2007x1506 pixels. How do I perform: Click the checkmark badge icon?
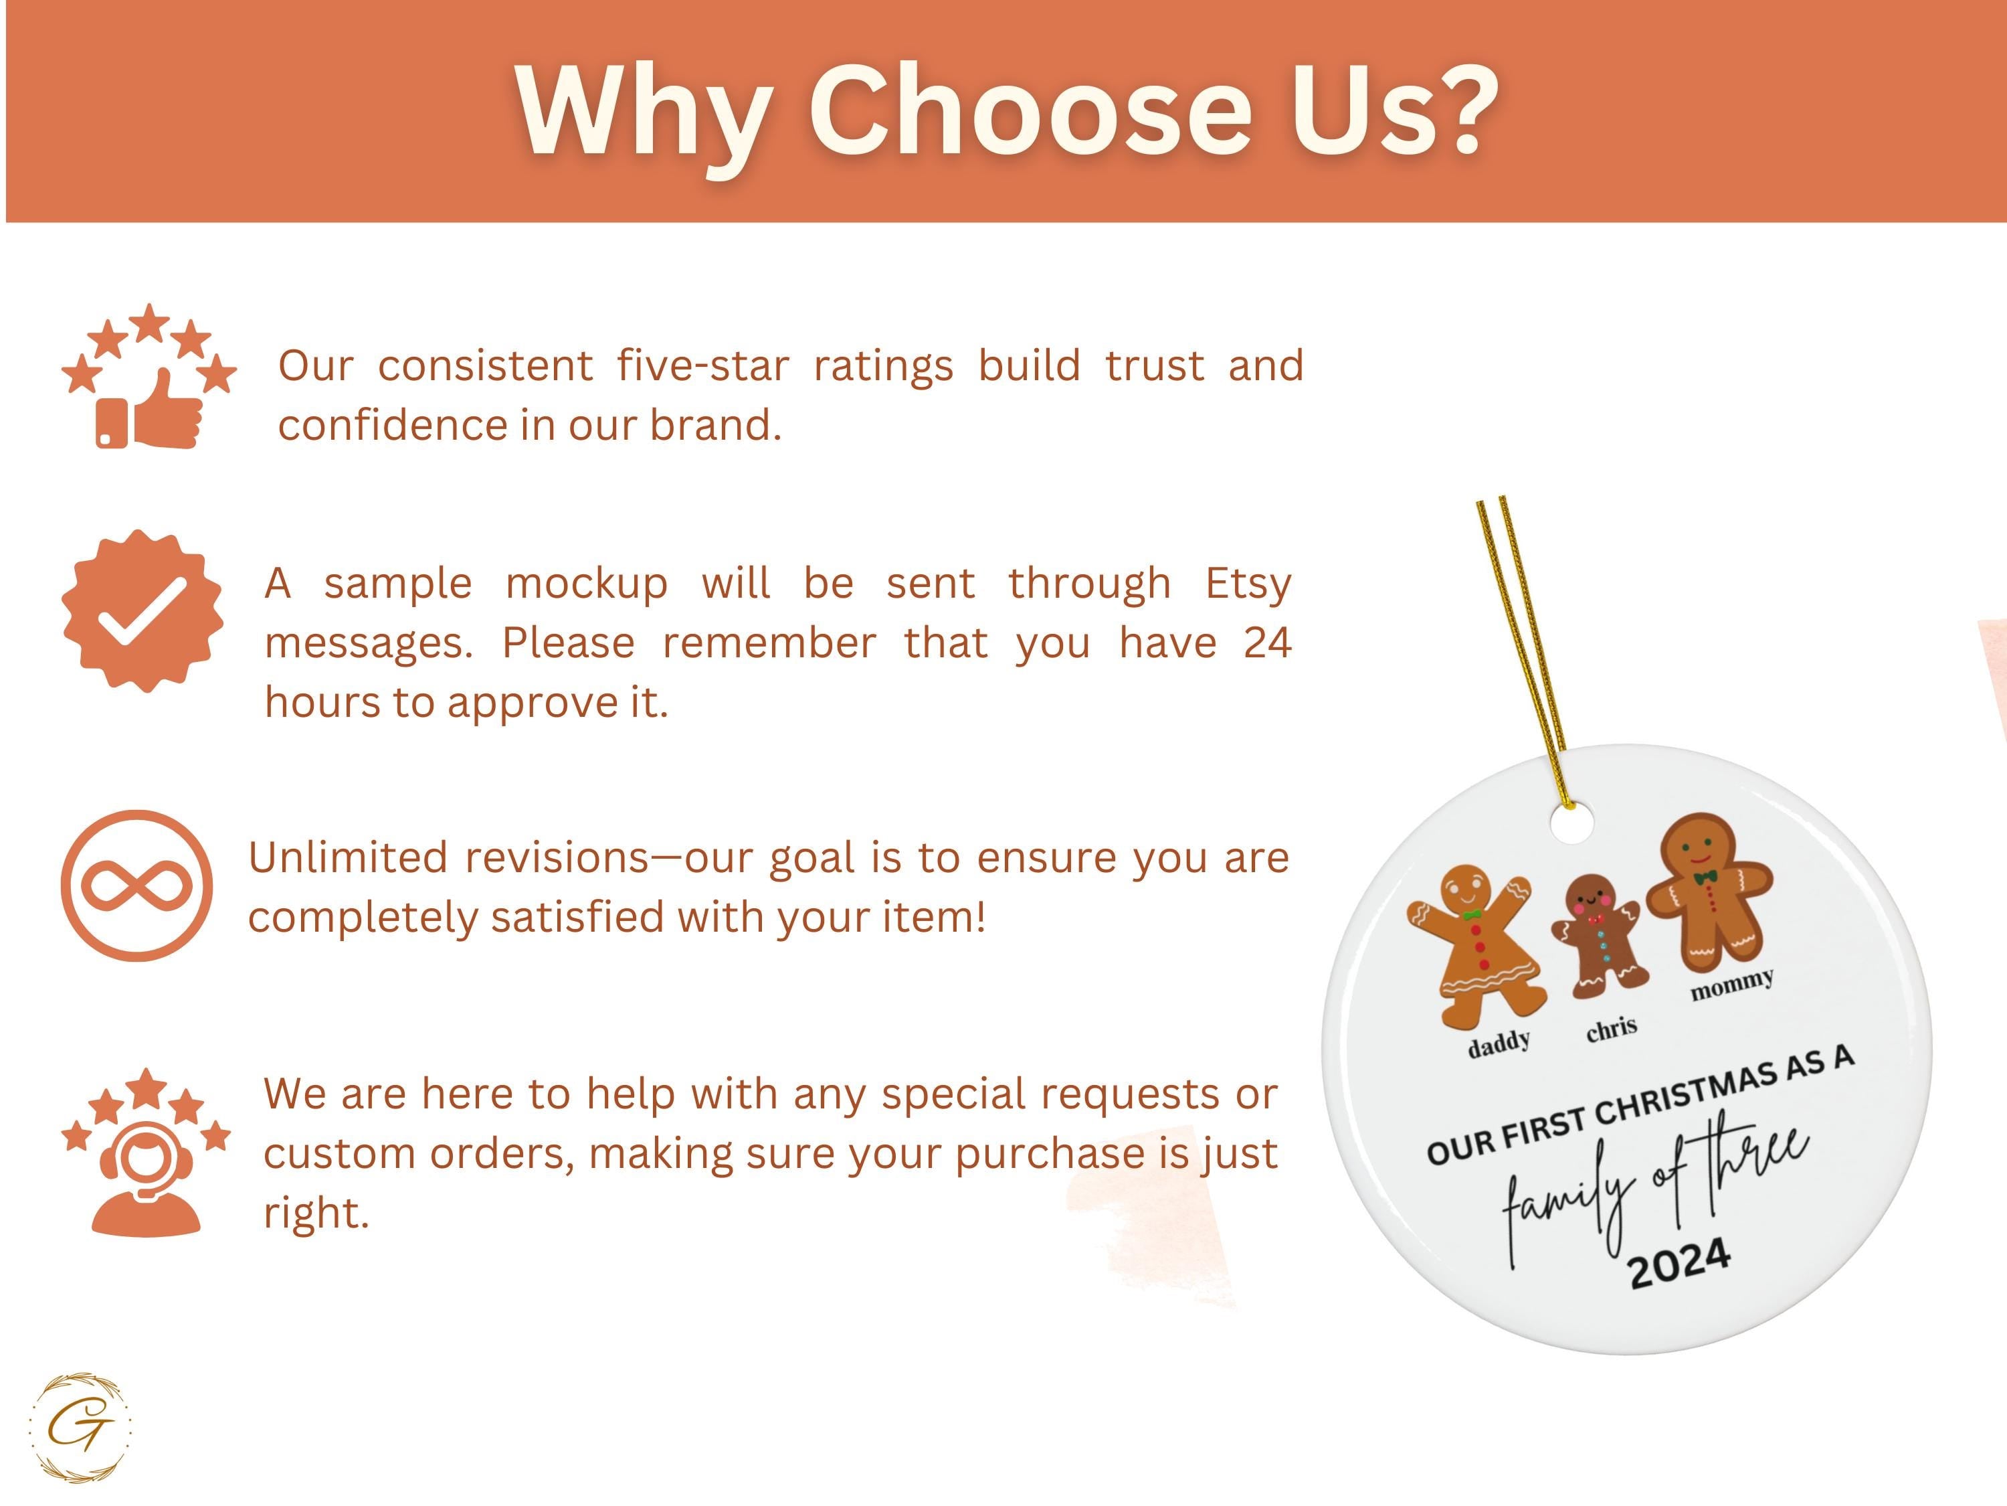click(142, 611)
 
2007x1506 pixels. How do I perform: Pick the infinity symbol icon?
click(137, 886)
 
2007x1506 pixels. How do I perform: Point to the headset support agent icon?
click(146, 1152)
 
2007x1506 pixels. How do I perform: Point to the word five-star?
click(703, 366)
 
